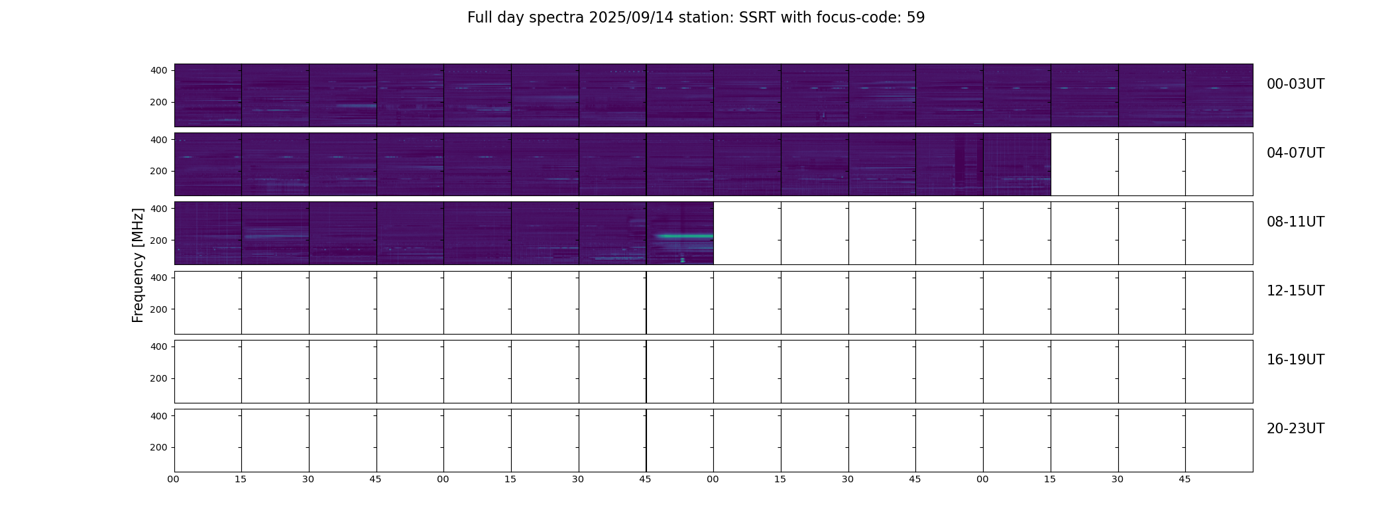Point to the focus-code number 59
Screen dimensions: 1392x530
coord(915,18)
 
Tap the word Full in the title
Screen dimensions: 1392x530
coord(479,18)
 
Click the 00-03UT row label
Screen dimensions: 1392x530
coord(1295,84)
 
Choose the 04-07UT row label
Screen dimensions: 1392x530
coord(1295,153)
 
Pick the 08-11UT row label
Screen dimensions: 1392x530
coord(1295,222)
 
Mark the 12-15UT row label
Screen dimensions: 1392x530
coord(1295,291)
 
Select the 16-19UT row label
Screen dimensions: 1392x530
coord(1295,360)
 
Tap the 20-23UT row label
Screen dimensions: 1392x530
coord(1295,429)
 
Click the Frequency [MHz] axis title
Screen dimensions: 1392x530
coord(138,265)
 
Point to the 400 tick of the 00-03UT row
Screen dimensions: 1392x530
coord(159,70)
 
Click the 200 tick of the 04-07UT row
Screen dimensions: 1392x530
coord(159,171)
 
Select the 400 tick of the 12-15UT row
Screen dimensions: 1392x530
coord(159,278)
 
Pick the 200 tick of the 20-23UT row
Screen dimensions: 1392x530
coord(159,447)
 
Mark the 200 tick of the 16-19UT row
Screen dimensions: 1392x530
coord(159,378)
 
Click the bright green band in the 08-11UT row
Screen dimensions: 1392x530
coord(684,236)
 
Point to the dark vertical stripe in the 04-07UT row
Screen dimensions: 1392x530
coord(960,163)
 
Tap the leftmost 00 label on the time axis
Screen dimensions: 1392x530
coord(174,479)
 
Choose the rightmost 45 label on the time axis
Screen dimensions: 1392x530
coord(1185,479)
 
